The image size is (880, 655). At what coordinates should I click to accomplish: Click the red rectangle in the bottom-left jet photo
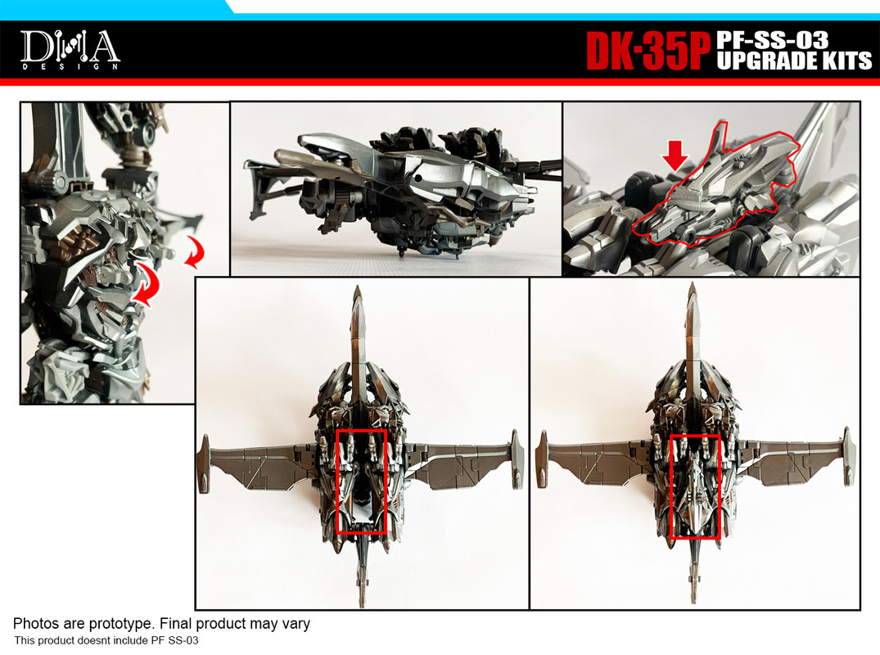[x=361, y=481]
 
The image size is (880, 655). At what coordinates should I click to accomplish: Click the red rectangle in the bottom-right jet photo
[x=695, y=486]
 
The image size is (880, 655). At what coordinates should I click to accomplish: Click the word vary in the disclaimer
[x=296, y=624]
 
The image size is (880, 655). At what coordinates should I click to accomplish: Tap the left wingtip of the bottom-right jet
[x=539, y=471]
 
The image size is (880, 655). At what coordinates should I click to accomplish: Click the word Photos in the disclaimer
[x=34, y=624]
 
